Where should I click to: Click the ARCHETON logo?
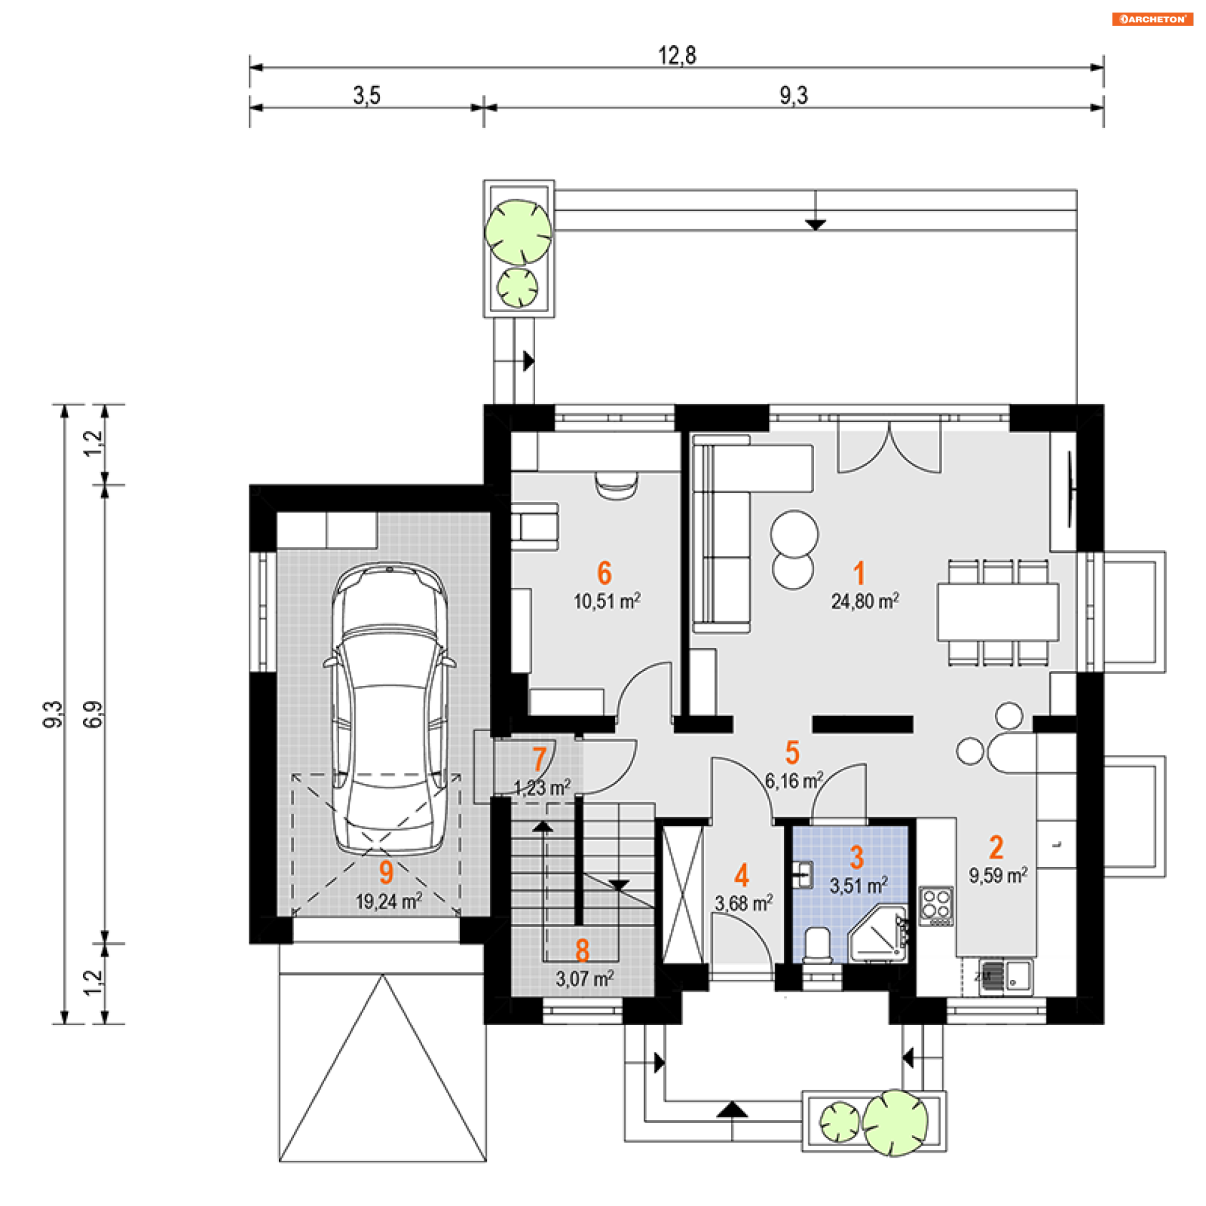(x=1152, y=19)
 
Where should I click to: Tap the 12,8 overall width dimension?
(x=676, y=55)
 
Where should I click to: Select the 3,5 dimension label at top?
(x=366, y=95)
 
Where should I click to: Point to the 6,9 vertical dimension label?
(x=93, y=714)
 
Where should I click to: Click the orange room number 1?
(x=859, y=573)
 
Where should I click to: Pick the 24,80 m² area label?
(x=864, y=601)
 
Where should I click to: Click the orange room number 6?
(x=604, y=573)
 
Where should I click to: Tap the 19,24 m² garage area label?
(x=388, y=901)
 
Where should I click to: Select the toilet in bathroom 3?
(x=818, y=945)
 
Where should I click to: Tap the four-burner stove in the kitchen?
(x=936, y=905)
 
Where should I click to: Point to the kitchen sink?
(x=1005, y=977)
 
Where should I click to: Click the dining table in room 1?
(x=997, y=612)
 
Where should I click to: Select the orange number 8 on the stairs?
(x=582, y=951)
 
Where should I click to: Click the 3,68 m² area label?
(x=743, y=903)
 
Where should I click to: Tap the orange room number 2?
(x=996, y=847)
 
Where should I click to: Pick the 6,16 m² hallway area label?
(x=793, y=781)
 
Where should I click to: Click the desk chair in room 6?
(x=616, y=485)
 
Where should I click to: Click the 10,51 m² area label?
(x=606, y=601)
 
